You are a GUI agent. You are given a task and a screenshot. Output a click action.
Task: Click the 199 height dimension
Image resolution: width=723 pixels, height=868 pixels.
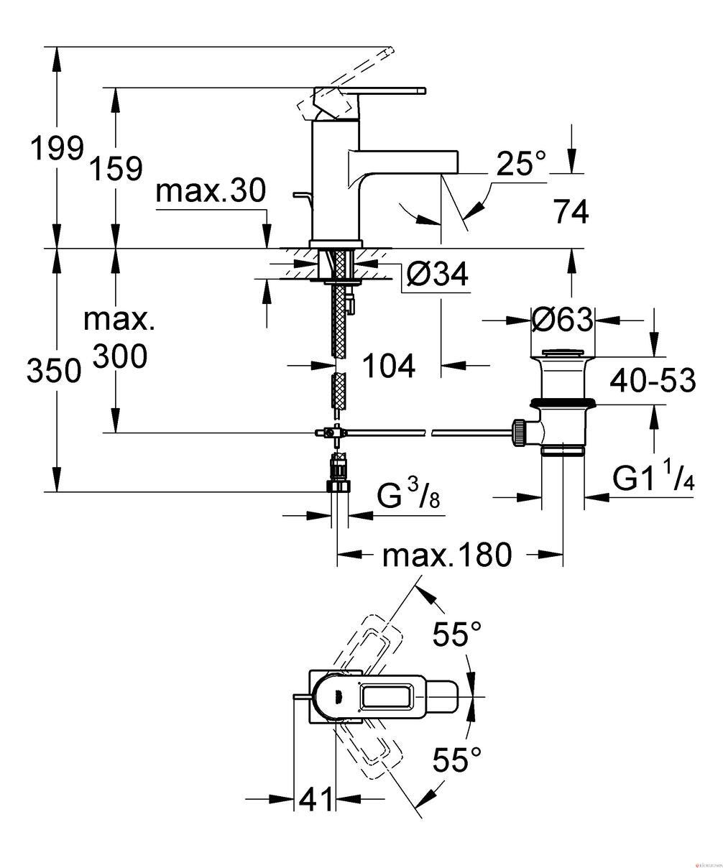(x=57, y=149)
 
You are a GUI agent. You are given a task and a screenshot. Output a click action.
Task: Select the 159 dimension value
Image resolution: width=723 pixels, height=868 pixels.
(x=116, y=169)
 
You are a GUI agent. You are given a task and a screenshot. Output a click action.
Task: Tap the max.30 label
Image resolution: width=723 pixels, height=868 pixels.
(x=211, y=191)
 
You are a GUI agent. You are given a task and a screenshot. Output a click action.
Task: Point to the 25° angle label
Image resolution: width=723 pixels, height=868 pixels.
(x=520, y=163)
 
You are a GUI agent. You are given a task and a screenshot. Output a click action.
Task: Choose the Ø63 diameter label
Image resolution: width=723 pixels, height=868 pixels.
(x=562, y=320)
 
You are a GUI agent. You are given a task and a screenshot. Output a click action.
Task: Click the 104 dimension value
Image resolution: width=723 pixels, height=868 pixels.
(x=389, y=366)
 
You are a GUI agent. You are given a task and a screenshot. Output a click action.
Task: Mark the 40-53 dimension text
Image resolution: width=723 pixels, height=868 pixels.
(x=653, y=380)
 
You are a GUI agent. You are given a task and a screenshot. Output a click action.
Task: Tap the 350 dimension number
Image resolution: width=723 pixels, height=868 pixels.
(x=54, y=370)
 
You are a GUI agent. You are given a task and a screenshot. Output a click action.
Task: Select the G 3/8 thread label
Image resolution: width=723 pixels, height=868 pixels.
(x=408, y=495)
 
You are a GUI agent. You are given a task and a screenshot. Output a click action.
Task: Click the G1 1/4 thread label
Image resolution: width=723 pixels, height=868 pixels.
(x=653, y=478)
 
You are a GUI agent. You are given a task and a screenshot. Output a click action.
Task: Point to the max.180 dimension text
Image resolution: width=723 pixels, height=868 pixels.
(x=446, y=555)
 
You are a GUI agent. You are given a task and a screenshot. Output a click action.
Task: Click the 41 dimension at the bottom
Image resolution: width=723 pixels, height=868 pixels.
(x=316, y=798)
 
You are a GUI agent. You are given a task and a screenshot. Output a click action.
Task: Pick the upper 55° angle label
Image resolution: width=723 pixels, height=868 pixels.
(x=457, y=634)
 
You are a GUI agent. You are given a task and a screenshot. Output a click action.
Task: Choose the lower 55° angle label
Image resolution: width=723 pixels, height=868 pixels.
(x=457, y=758)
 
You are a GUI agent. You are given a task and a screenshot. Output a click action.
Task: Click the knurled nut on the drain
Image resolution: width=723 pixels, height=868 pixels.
(x=520, y=433)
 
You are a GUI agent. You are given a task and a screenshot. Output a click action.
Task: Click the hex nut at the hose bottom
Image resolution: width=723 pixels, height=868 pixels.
(x=340, y=486)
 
